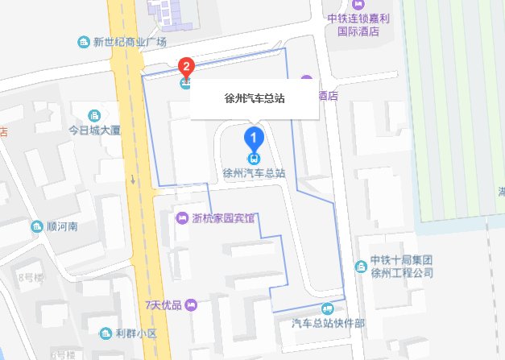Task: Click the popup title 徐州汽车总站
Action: coord(255,99)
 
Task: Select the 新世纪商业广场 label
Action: coord(129,42)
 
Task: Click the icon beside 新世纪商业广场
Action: coord(82,42)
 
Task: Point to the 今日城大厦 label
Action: coord(94,129)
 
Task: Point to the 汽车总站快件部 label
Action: coord(328,324)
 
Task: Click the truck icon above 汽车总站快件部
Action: coord(327,308)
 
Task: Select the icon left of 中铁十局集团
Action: coord(360,266)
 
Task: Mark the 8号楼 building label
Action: coord(29,278)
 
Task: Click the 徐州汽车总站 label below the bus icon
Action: coord(255,172)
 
